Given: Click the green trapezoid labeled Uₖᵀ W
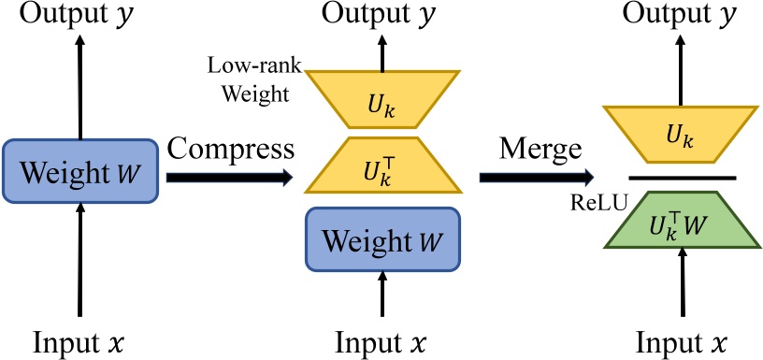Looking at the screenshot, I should coord(681,221).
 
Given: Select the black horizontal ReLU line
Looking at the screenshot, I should coord(682,178).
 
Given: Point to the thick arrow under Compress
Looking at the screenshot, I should coord(229,177).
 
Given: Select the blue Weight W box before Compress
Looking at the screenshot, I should coord(79,171).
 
